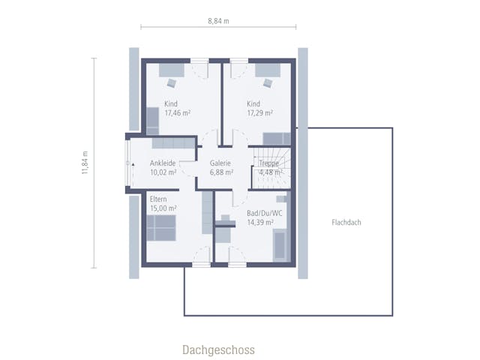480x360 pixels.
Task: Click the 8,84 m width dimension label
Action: (218, 21)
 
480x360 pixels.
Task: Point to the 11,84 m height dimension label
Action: (85, 163)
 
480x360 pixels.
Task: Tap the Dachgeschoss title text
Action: (218, 349)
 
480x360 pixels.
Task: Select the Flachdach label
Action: (346, 222)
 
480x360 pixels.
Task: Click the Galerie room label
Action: (220, 163)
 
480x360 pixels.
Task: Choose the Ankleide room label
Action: (163, 163)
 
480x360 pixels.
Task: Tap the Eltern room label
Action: (158, 199)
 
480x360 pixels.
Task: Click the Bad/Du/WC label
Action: (265, 213)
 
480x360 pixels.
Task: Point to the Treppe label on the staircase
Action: (268, 163)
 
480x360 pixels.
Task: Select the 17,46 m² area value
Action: (178, 113)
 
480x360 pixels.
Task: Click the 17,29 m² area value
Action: (260, 113)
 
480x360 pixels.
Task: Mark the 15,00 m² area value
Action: (163, 208)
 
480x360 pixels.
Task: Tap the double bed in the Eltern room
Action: (161, 228)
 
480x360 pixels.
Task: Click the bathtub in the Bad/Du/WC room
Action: (280, 246)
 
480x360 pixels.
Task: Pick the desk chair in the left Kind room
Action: (172, 82)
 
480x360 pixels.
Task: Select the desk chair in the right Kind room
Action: (268, 82)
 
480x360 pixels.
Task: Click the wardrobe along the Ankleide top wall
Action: (173, 143)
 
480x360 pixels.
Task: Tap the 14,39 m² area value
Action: (260, 222)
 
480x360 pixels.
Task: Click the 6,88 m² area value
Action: (222, 172)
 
